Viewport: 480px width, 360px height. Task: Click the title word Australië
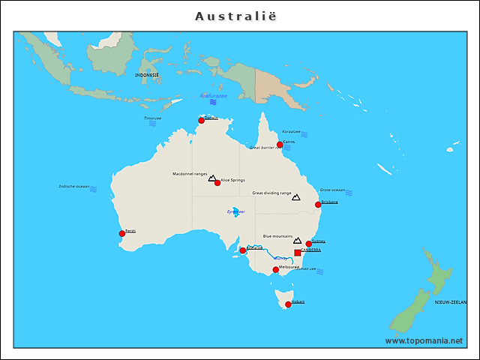pos(240,16)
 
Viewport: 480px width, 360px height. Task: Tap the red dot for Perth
pos(122,233)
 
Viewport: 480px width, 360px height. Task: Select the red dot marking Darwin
pos(201,120)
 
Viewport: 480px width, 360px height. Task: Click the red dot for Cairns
pos(280,144)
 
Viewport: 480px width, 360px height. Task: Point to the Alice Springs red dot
pos(217,182)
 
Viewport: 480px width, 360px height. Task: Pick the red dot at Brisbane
pos(318,204)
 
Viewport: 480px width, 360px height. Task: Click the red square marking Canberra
pos(298,253)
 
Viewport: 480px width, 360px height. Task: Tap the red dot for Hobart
pos(288,304)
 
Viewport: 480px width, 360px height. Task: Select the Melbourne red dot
pos(275,269)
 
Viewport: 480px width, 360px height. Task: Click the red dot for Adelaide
pos(243,250)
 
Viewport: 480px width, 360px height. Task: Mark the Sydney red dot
pos(308,244)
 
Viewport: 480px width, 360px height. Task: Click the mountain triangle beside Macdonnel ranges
pos(211,178)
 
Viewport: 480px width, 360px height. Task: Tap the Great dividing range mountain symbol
pos(295,197)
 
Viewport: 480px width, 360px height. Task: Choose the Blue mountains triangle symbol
pos(297,241)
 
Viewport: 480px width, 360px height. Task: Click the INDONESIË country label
pos(147,75)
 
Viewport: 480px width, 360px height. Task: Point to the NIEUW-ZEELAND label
pos(450,301)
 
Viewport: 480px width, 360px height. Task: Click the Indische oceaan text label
pos(74,186)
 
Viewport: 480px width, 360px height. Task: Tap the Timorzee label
pos(152,118)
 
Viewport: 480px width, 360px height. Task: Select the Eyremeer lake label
pos(235,211)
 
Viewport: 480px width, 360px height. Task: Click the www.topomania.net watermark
pos(424,340)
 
